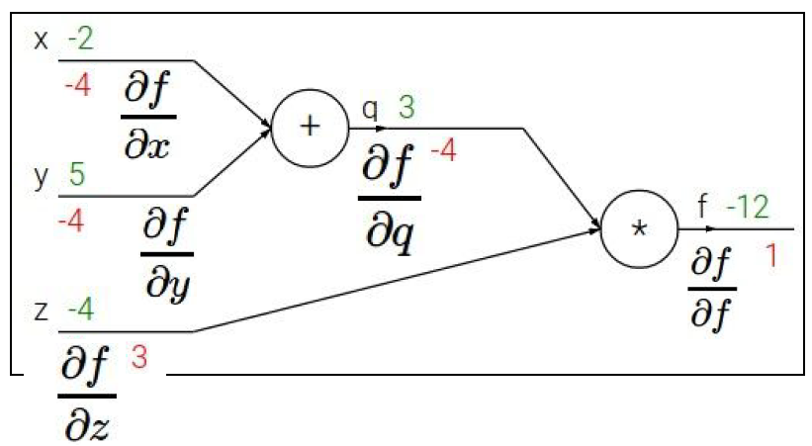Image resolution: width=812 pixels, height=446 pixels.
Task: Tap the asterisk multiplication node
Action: (x=639, y=229)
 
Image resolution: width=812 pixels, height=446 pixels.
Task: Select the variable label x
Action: (x=42, y=42)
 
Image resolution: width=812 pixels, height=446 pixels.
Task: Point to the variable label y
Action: (x=42, y=177)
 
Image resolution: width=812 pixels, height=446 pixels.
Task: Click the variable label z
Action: (x=42, y=312)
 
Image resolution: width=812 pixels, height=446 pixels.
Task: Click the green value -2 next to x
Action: (x=80, y=41)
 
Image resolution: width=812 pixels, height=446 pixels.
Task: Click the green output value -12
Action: (x=747, y=209)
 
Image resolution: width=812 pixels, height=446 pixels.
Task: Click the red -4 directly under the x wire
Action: (x=76, y=86)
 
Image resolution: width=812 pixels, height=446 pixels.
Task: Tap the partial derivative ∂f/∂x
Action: (x=148, y=118)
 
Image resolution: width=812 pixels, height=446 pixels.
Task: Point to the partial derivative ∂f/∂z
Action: (x=88, y=395)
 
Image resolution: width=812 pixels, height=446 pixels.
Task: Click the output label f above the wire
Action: (x=703, y=210)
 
